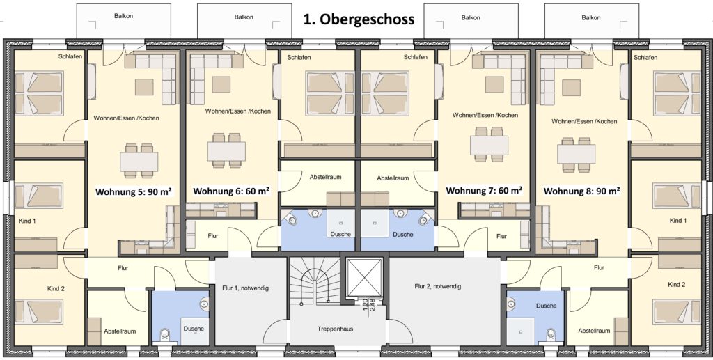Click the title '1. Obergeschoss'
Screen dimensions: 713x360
(x=359, y=19)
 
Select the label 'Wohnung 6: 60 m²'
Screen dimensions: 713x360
(x=231, y=191)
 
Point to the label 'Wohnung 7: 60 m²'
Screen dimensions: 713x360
(x=484, y=190)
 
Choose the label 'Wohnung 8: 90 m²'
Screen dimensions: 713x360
(x=582, y=191)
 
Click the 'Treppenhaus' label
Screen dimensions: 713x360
(x=336, y=329)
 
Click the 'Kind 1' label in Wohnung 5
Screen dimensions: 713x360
(x=27, y=221)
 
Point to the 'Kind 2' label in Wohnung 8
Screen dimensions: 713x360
(x=676, y=285)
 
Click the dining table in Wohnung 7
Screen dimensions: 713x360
(x=489, y=144)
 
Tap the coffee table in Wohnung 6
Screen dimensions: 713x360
(x=221, y=84)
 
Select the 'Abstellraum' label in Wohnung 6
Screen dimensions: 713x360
(x=325, y=176)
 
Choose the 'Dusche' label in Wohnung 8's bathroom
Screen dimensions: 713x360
(x=546, y=306)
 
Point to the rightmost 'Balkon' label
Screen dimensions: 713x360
(x=590, y=17)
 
